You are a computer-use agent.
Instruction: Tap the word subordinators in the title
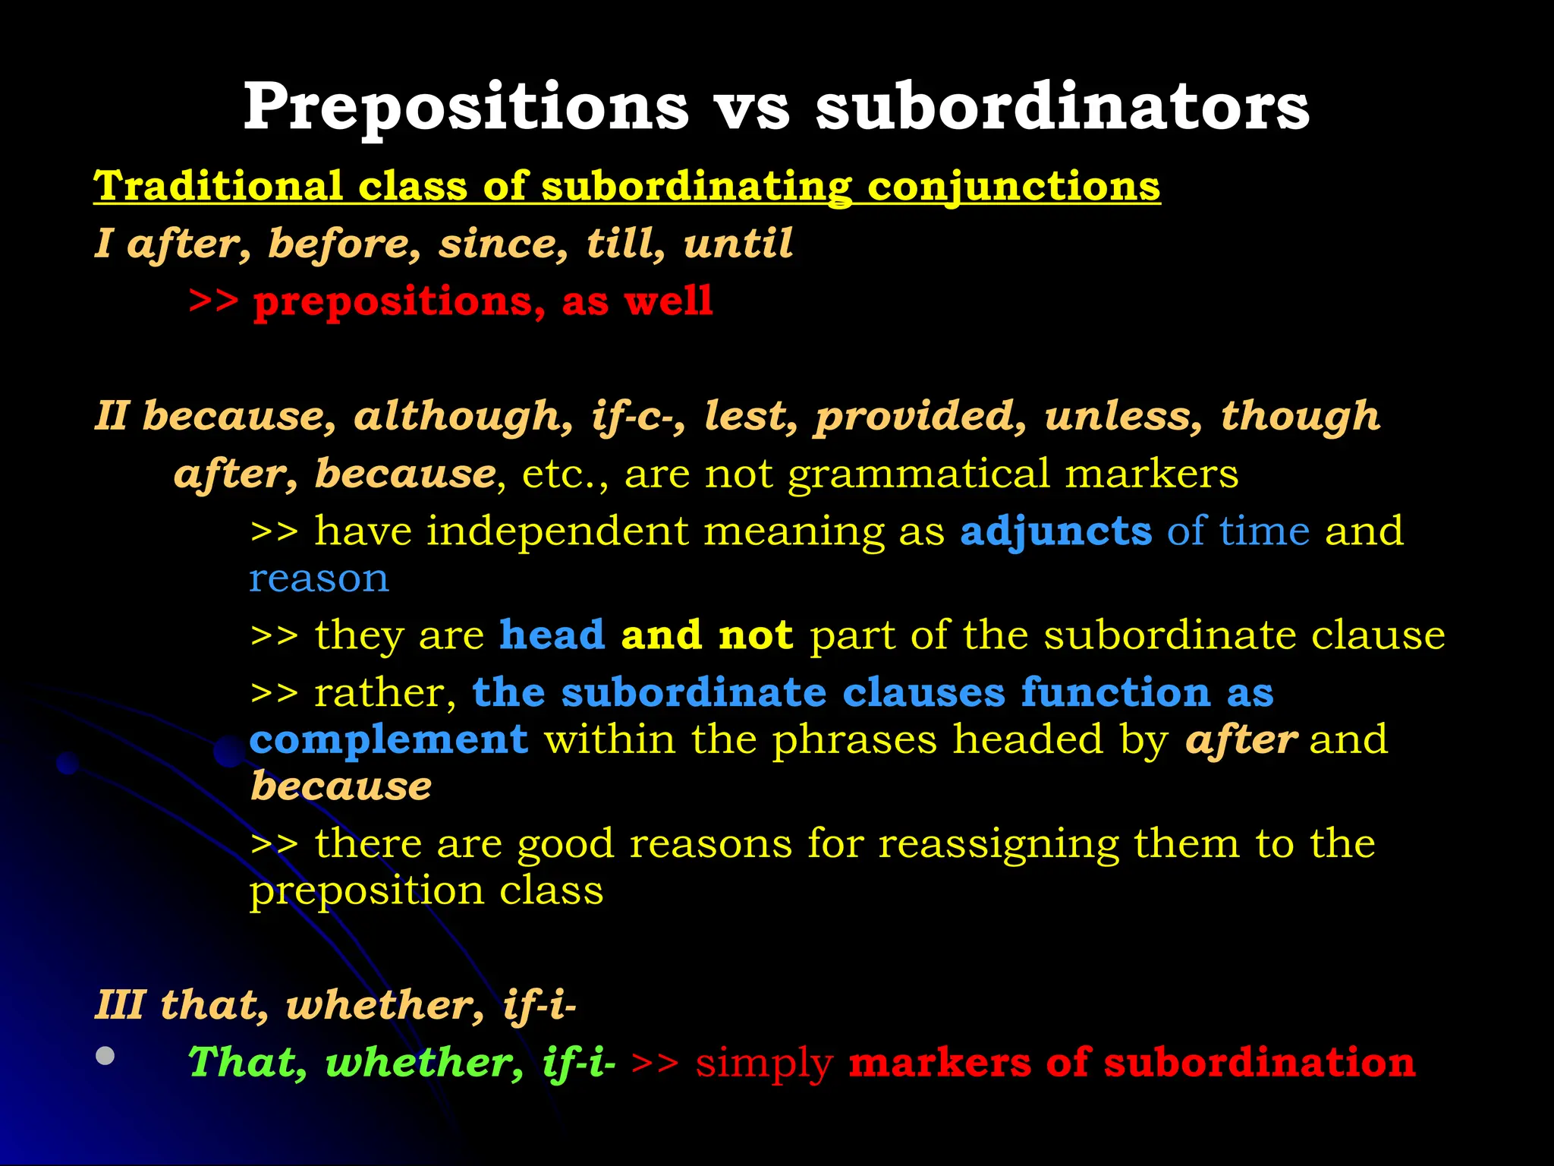coord(1062,108)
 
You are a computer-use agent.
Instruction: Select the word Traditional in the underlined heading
coord(218,186)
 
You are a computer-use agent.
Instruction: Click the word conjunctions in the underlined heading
coord(1014,186)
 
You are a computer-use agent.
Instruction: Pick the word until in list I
coord(738,244)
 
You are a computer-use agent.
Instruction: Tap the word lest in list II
coord(750,416)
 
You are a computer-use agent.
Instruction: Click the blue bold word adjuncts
coord(1055,531)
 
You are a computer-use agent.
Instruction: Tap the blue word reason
coord(319,580)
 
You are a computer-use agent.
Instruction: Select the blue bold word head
coord(552,635)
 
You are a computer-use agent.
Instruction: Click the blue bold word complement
coord(388,740)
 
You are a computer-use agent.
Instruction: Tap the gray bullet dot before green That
coord(105,1055)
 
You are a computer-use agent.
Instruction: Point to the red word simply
coord(764,1064)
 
